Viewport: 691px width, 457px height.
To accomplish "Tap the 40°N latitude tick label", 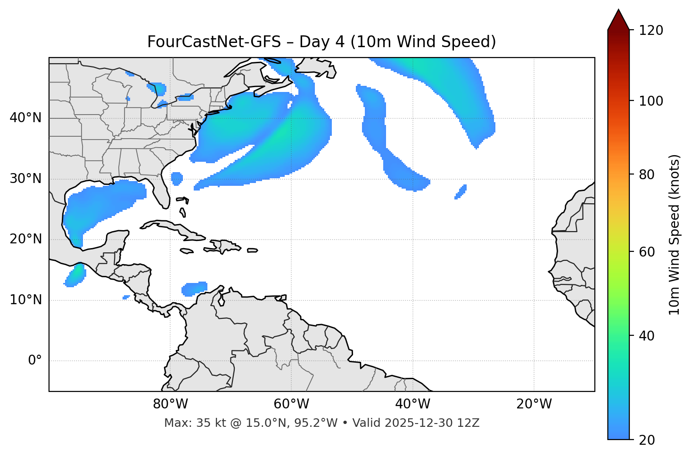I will pos(25,118).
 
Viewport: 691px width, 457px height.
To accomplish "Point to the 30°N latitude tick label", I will pos(25,179).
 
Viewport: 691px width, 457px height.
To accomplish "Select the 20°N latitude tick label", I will pos(25,239).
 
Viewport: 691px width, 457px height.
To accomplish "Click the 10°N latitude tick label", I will pos(25,300).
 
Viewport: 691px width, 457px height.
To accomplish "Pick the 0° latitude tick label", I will pos(35,361).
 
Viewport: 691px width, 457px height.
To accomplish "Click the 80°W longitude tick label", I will pos(170,404).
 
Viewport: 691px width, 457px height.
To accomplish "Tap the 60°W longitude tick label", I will pos(291,404).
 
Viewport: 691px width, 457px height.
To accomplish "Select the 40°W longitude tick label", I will pos(412,404).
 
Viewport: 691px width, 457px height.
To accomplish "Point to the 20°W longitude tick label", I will pos(534,404).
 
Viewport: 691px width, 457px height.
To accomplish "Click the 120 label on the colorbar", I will pos(651,30).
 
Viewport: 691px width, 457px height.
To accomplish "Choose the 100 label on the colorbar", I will pos(651,101).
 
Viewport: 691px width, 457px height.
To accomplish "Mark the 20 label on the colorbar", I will pos(648,440).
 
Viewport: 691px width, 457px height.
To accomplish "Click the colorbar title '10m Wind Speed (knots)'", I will pos(675,234).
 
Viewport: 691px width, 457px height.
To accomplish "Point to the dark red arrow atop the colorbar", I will pos(618,20).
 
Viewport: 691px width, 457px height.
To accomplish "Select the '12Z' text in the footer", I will pos(469,423).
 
